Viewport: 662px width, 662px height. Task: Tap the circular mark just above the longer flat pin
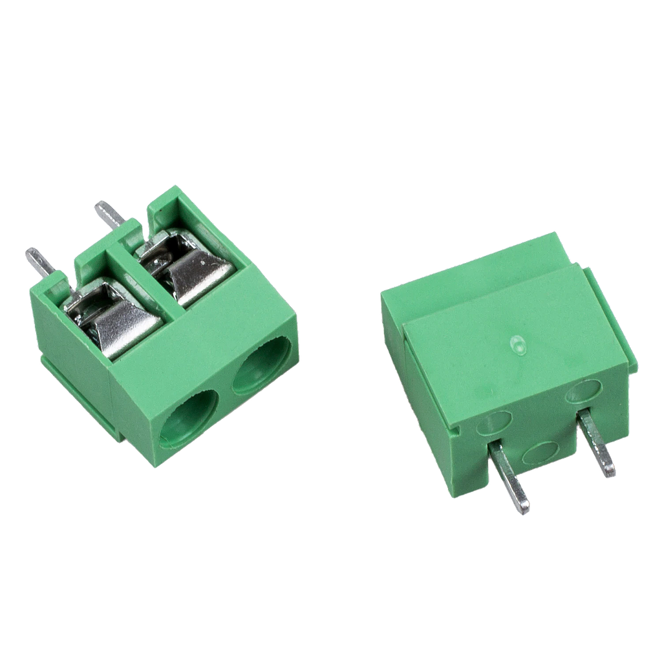click(494, 423)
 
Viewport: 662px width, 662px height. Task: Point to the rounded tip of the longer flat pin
click(524, 508)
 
